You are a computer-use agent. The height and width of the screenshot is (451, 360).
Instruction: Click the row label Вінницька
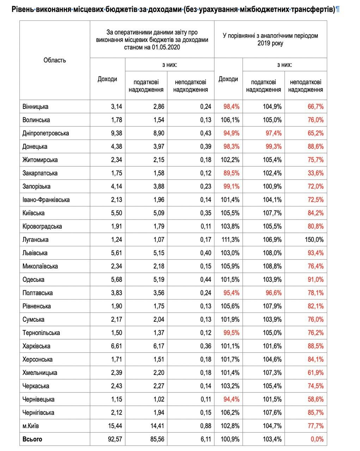click(35, 107)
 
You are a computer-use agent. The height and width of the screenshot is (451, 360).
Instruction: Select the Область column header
click(55, 60)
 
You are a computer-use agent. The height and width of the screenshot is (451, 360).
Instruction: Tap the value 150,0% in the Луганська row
click(315, 240)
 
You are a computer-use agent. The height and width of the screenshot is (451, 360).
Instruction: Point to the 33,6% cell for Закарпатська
click(316, 173)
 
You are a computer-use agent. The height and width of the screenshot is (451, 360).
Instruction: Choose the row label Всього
click(32, 439)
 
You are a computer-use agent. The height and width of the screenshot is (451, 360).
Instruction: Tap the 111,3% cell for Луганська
click(230, 240)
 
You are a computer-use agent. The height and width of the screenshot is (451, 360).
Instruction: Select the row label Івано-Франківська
click(46, 200)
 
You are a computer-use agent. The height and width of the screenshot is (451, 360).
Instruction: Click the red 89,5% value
click(231, 173)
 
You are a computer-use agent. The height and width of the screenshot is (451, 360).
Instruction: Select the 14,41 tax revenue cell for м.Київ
click(156, 426)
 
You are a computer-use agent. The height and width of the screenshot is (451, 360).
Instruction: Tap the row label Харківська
click(36, 346)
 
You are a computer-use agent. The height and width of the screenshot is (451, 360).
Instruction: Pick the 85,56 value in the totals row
click(156, 439)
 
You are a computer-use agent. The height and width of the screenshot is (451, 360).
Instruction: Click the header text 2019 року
click(270, 44)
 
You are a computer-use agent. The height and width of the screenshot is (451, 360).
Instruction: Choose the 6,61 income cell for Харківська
click(116, 346)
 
